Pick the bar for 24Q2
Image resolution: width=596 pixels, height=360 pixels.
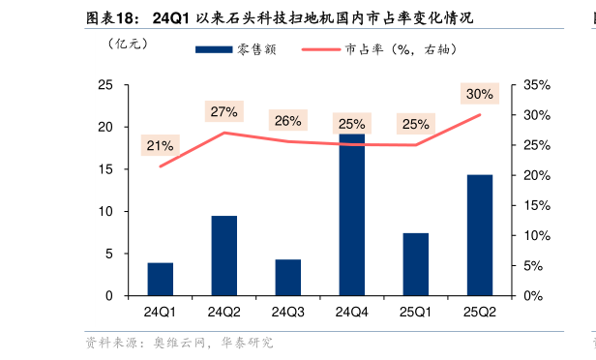tap(224, 255)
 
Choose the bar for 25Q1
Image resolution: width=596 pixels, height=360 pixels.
tap(416, 264)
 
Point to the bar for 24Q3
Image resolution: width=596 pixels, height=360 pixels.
tap(288, 277)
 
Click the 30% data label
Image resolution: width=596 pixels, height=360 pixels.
tap(479, 94)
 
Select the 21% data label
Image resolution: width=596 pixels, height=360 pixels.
tap(160, 146)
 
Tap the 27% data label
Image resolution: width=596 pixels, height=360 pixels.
tap(223, 111)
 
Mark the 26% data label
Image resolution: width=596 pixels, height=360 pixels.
tap(287, 121)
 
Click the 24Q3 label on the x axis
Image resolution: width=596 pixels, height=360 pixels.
tap(288, 312)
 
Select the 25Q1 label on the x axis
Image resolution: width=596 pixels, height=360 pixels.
tap(416, 312)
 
